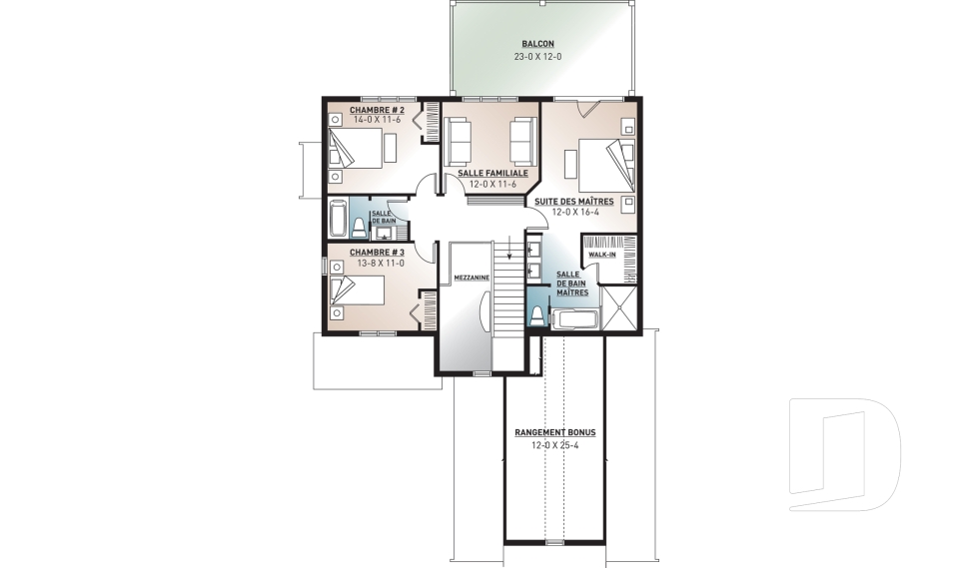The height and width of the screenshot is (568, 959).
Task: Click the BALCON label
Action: [x=537, y=44]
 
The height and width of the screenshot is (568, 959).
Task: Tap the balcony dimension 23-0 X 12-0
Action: [x=537, y=57]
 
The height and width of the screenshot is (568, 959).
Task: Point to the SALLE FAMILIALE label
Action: [x=492, y=173]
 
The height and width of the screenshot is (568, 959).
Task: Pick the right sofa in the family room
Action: [x=522, y=140]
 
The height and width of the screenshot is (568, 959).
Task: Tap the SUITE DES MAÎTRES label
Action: [x=573, y=201]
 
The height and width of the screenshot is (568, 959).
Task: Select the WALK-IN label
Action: [x=600, y=255]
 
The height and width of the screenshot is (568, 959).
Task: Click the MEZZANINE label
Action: [x=470, y=277]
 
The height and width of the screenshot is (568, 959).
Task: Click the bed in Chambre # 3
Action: [x=357, y=290]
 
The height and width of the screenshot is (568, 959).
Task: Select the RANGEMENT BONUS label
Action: [x=554, y=432]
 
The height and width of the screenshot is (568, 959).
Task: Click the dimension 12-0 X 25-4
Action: [x=554, y=445]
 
